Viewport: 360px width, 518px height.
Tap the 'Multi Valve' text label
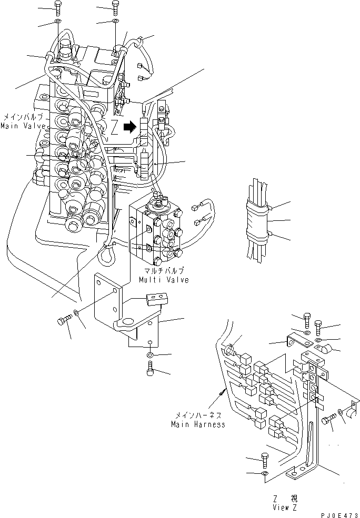click(164, 280)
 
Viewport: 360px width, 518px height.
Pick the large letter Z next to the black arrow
click(114, 126)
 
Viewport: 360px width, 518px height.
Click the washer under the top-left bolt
click(57, 23)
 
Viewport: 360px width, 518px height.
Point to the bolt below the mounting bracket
click(151, 370)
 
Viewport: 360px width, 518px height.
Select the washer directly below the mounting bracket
click(151, 356)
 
